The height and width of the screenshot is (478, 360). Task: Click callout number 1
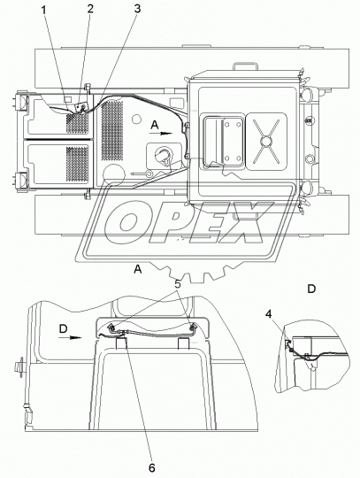click(44, 10)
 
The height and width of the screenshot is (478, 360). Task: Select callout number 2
click(90, 9)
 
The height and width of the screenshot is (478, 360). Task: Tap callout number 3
click(137, 9)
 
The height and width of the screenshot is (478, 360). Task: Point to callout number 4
click(268, 313)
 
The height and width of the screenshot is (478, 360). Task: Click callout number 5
click(178, 284)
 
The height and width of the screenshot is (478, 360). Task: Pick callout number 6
click(151, 467)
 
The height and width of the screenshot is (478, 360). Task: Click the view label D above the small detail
click(311, 289)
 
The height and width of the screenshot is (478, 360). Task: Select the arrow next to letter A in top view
click(166, 133)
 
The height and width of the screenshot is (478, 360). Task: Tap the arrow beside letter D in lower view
click(75, 337)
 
